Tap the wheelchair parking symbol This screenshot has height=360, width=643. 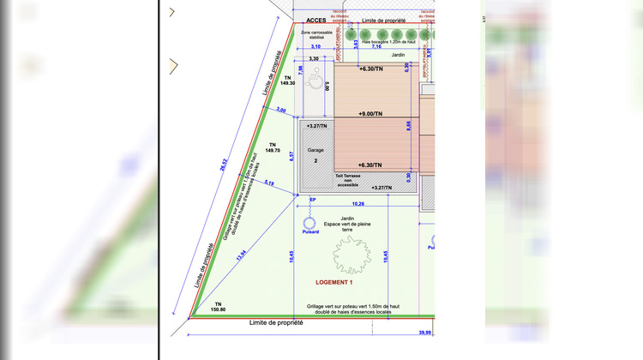[x=314, y=83]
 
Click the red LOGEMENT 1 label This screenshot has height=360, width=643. [x=334, y=282]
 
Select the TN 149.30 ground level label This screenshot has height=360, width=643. [x=287, y=81]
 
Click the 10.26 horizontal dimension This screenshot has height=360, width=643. [x=358, y=204]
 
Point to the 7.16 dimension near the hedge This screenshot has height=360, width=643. [x=376, y=47]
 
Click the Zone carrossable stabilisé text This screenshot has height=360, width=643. [x=316, y=35]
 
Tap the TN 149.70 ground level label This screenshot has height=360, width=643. [x=273, y=147]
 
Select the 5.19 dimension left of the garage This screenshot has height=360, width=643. [x=269, y=183]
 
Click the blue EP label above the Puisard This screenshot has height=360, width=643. [x=312, y=199]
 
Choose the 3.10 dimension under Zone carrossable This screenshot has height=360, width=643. [x=315, y=46]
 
